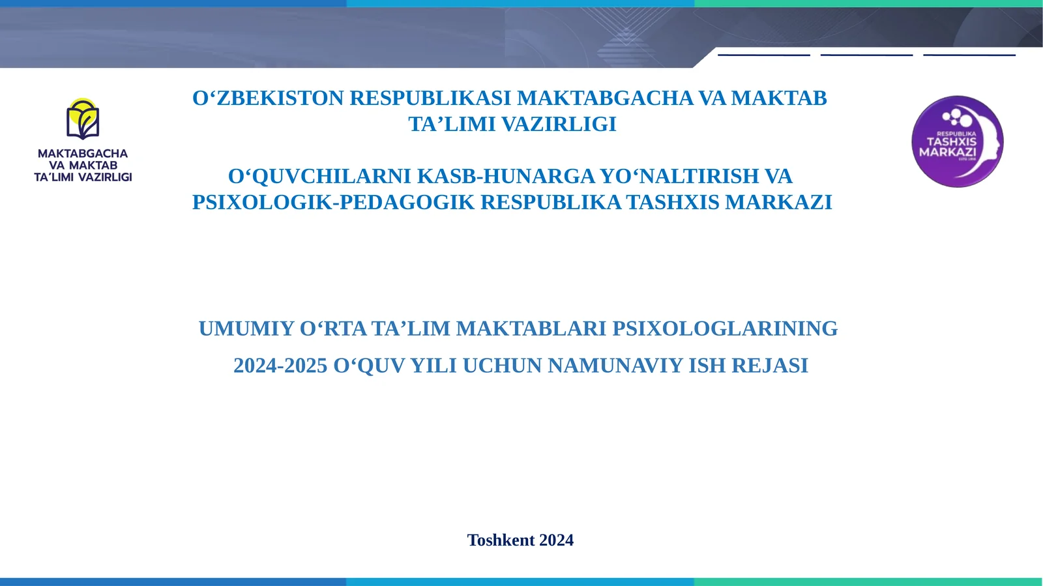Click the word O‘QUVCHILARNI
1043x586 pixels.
(319, 177)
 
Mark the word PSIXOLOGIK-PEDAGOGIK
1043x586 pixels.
(333, 203)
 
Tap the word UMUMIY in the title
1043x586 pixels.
(246, 329)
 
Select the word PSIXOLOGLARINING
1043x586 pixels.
(725, 329)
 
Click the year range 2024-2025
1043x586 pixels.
(280, 366)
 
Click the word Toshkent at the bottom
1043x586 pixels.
(501, 540)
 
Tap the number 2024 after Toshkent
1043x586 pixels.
(556, 540)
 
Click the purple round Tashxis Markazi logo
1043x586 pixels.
(957, 141)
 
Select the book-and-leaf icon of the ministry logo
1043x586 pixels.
(83, 119)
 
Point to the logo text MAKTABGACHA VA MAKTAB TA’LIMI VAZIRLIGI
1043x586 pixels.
(83, 166)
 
